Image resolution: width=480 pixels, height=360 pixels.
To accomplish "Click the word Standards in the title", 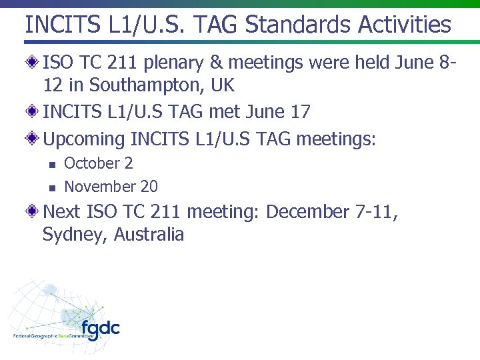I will coord(298,25).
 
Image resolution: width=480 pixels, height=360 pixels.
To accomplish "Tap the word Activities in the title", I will coord(405,25).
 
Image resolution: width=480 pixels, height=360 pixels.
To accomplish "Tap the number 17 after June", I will coord(301,111).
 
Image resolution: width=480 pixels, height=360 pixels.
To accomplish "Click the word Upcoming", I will coord(84,140).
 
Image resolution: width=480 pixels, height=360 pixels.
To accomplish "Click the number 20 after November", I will coord(149,187).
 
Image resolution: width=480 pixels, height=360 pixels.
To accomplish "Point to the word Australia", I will coord(149,235).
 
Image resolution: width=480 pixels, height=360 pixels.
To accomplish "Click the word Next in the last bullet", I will coord(62,212).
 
